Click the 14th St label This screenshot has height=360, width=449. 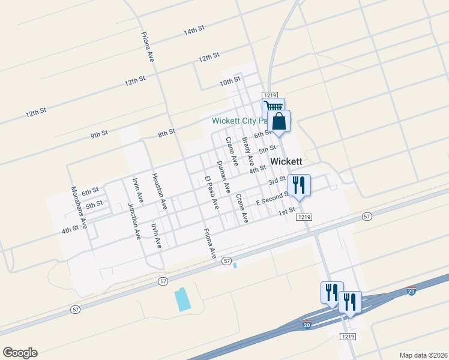pyautogui.click(x=194, y=31)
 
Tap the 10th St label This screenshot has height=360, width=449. pyautogui.click(x=229, y=80)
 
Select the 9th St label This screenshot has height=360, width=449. pyautogui.click(x=99, y=134)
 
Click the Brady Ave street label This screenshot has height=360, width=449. pyautogui.click(x=248, y=152)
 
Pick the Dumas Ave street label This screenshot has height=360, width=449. pyautogui.click(x=223, y=176)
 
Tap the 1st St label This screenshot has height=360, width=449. pyautogui.click(x=286, y=211)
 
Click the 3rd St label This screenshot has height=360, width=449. pyautogui.click(x=276, y=181)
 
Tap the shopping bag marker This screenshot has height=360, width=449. pyautogui.click(x=279, y=121)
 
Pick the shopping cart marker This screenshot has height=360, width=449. pyautogui.click(x=273, y=109)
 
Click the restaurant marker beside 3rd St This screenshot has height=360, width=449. pyautogui.click(x=298, y=185)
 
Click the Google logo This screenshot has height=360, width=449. pyautogui.click(x=20, y=353)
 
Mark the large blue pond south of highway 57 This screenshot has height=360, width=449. pyautogui.click(x=181, y=299)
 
